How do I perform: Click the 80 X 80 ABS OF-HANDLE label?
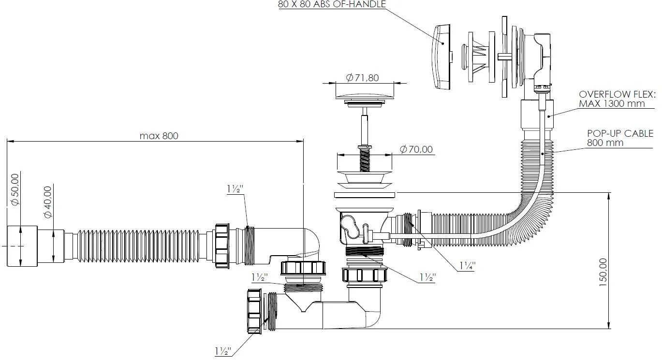[332, 4]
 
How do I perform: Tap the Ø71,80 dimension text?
[362, 78]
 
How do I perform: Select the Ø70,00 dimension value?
[416, 149]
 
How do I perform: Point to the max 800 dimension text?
[159, 136]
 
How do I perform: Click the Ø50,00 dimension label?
[15, 189]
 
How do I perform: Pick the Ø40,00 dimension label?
[48, 202]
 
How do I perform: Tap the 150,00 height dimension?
[603, 272]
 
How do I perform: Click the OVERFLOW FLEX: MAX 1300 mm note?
[617, 99]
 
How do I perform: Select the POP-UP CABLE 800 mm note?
[620, 138]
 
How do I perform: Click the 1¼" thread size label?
[467, 266]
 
